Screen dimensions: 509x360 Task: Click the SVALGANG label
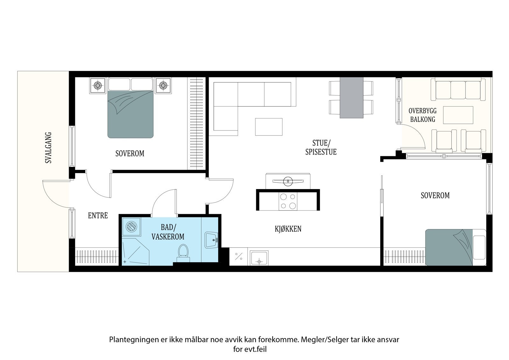(x=48, y=148)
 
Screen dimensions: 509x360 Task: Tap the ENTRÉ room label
(x=98, y=215)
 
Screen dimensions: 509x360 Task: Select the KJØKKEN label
(x=288, y=229)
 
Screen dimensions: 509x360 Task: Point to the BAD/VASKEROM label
(x=168, y=232)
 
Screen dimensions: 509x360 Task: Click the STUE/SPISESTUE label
(x=321, y=147)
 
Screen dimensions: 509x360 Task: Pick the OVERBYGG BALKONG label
(x=423, y=115)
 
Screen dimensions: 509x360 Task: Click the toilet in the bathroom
(x=183, y=253)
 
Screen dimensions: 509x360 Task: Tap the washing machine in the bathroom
(x=131, y=227)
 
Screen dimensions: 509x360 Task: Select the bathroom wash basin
(x=211, y=240)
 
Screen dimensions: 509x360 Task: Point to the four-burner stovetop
(x=288, y=201)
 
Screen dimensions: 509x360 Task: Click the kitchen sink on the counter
(x=259, y=258)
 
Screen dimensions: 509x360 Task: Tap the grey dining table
(x=351, y=98)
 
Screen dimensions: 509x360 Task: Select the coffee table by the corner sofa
(x=268, y=127)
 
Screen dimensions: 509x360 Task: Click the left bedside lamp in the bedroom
(x=98, y=86)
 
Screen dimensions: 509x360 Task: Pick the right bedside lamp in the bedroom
(x=163, y=86)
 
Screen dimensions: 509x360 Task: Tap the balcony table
(x=458, y=115)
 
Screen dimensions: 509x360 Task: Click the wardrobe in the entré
(x=97, y=257)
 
